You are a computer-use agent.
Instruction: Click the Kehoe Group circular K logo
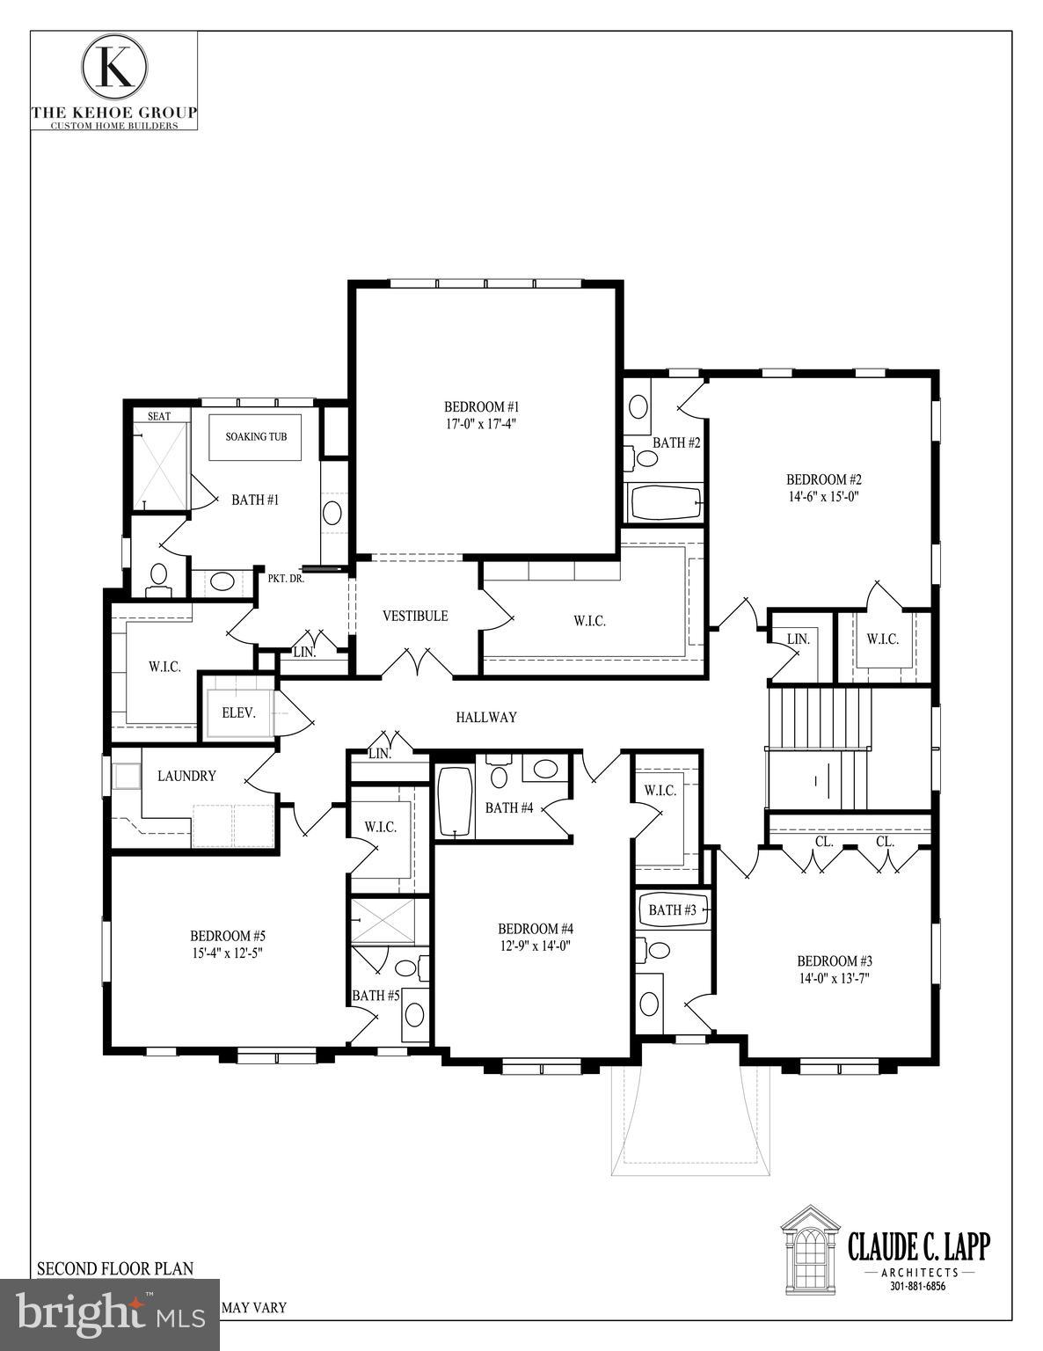click(114, 68)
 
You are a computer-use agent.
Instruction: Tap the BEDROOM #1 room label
click(481, 407)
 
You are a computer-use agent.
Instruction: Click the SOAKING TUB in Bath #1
click(256, 436)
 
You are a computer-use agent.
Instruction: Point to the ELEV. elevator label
click(238, 712)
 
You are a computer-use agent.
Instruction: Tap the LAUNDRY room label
click(186, 776)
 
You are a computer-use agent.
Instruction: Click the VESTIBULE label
click(415, 616)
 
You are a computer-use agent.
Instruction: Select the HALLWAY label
click(486, 717)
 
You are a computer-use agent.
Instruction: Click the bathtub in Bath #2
click(665, 503)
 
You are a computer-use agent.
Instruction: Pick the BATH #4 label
click(509, 807)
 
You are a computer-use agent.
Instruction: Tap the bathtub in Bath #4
click(456, 801)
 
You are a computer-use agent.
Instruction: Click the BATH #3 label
click(672, 909)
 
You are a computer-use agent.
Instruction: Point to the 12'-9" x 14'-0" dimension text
click(536, 946)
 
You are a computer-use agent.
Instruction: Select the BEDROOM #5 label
click(228, 935)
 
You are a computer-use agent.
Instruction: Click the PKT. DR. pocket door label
click(286, 579)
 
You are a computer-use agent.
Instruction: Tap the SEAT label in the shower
click(158, 415)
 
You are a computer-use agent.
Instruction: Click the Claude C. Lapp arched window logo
click(809, 1246)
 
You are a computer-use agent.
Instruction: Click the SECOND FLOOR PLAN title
click(114, 1268)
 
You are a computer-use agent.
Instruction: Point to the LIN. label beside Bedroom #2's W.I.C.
click(798, 639)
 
